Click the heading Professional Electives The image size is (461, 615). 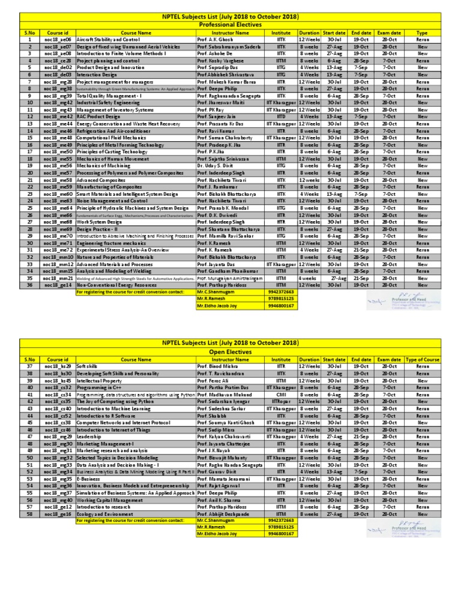(x=230, y=25)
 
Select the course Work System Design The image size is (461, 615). (x=100, y=222)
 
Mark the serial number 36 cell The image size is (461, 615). (x=29, y=285)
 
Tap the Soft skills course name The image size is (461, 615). (x=88, y=366)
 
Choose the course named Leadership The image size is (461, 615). (x=89, y=436)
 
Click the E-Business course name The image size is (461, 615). (x=88, y=478)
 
